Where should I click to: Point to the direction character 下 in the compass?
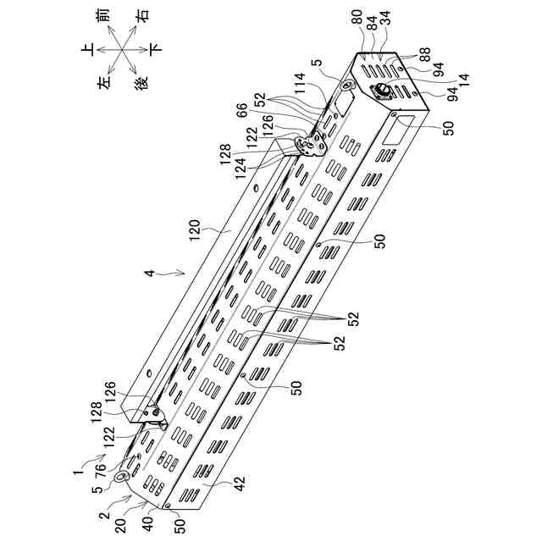click(x=153, y=50)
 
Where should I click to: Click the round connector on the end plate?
click(x=380, y=91)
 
